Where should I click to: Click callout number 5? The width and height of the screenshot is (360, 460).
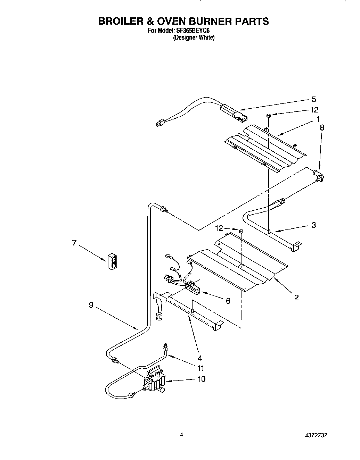(314, 100)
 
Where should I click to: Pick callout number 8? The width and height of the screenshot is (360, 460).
(321, 127)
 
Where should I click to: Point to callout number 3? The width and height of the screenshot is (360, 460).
(313, 225)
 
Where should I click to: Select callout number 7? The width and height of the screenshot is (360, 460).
(74, 243)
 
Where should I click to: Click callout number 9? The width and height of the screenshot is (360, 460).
(91, 305)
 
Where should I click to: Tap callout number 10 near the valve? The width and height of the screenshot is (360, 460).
(201, 379)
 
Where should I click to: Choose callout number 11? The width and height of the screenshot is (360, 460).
(201, 368)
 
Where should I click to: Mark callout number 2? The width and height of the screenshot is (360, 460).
(296, 297)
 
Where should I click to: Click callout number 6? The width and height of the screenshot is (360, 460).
(228, 301)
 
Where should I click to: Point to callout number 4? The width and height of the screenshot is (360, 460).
(200, 358)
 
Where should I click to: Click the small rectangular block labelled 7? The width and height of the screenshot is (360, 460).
(113, 261)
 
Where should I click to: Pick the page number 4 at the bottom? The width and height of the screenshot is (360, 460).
(181, 434)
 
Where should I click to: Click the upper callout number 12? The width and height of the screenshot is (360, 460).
(314, 110)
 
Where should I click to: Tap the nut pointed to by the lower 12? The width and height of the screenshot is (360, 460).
(241, 231)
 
